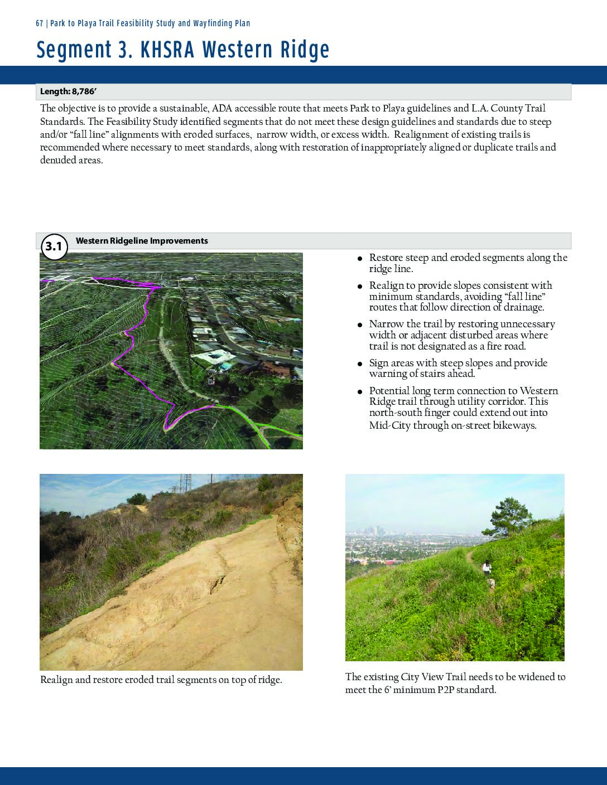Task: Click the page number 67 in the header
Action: (x=40, y=23)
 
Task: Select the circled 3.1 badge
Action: (x=54, y=246)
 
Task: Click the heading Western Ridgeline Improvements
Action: (x=142, y=241)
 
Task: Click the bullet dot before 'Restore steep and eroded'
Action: (x=360, y=259)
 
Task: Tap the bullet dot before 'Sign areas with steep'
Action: (x=360, y=364)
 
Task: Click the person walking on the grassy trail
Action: (x=487, y=568)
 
